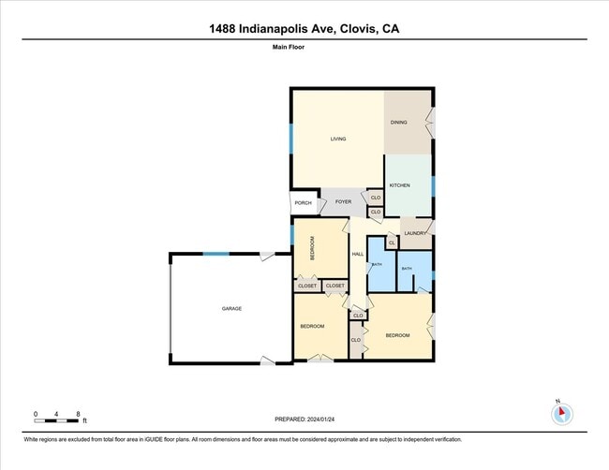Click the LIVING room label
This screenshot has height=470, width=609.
coord(338,140)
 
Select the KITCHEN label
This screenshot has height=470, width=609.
coord(400,185)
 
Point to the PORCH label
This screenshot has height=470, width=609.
coord(303,203)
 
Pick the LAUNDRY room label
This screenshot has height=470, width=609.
coord(416,233)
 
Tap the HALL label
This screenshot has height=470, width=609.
coord(357,254)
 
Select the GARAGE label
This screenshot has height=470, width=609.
coord(231,308)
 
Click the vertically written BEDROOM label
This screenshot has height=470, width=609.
coord(313,250)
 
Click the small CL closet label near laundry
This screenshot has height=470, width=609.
coord(392,243)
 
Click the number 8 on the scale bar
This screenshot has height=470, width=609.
coord(78,413)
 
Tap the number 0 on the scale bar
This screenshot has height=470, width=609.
coord(36,413)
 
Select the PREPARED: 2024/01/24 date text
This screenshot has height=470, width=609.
coord(305,419)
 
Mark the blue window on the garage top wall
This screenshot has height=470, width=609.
coord(216,254)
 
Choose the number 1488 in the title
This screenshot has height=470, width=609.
coord(228,29)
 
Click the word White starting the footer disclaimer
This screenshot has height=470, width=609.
coord(34,439)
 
